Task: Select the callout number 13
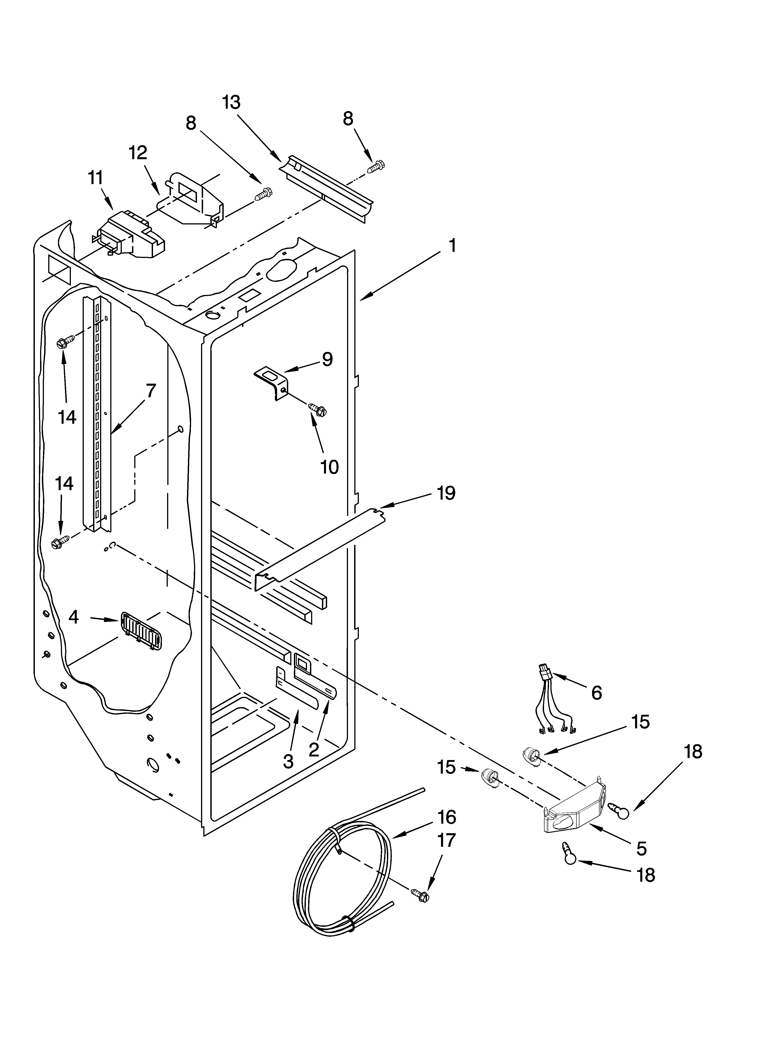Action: (231, 102)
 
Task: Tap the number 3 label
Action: (288, 761)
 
